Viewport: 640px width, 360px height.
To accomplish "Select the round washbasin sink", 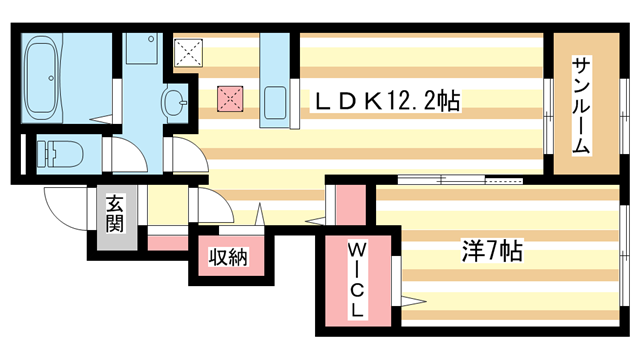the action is pyautogui.click(x=174, y=101).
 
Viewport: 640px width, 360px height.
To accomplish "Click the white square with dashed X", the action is pyautogui.click(x=187, y=51).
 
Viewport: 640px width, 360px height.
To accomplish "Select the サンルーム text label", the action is pyautogui.click(x=580, y=105).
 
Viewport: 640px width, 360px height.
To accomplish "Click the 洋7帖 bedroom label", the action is pyautogui.click(x=490, y=250).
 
